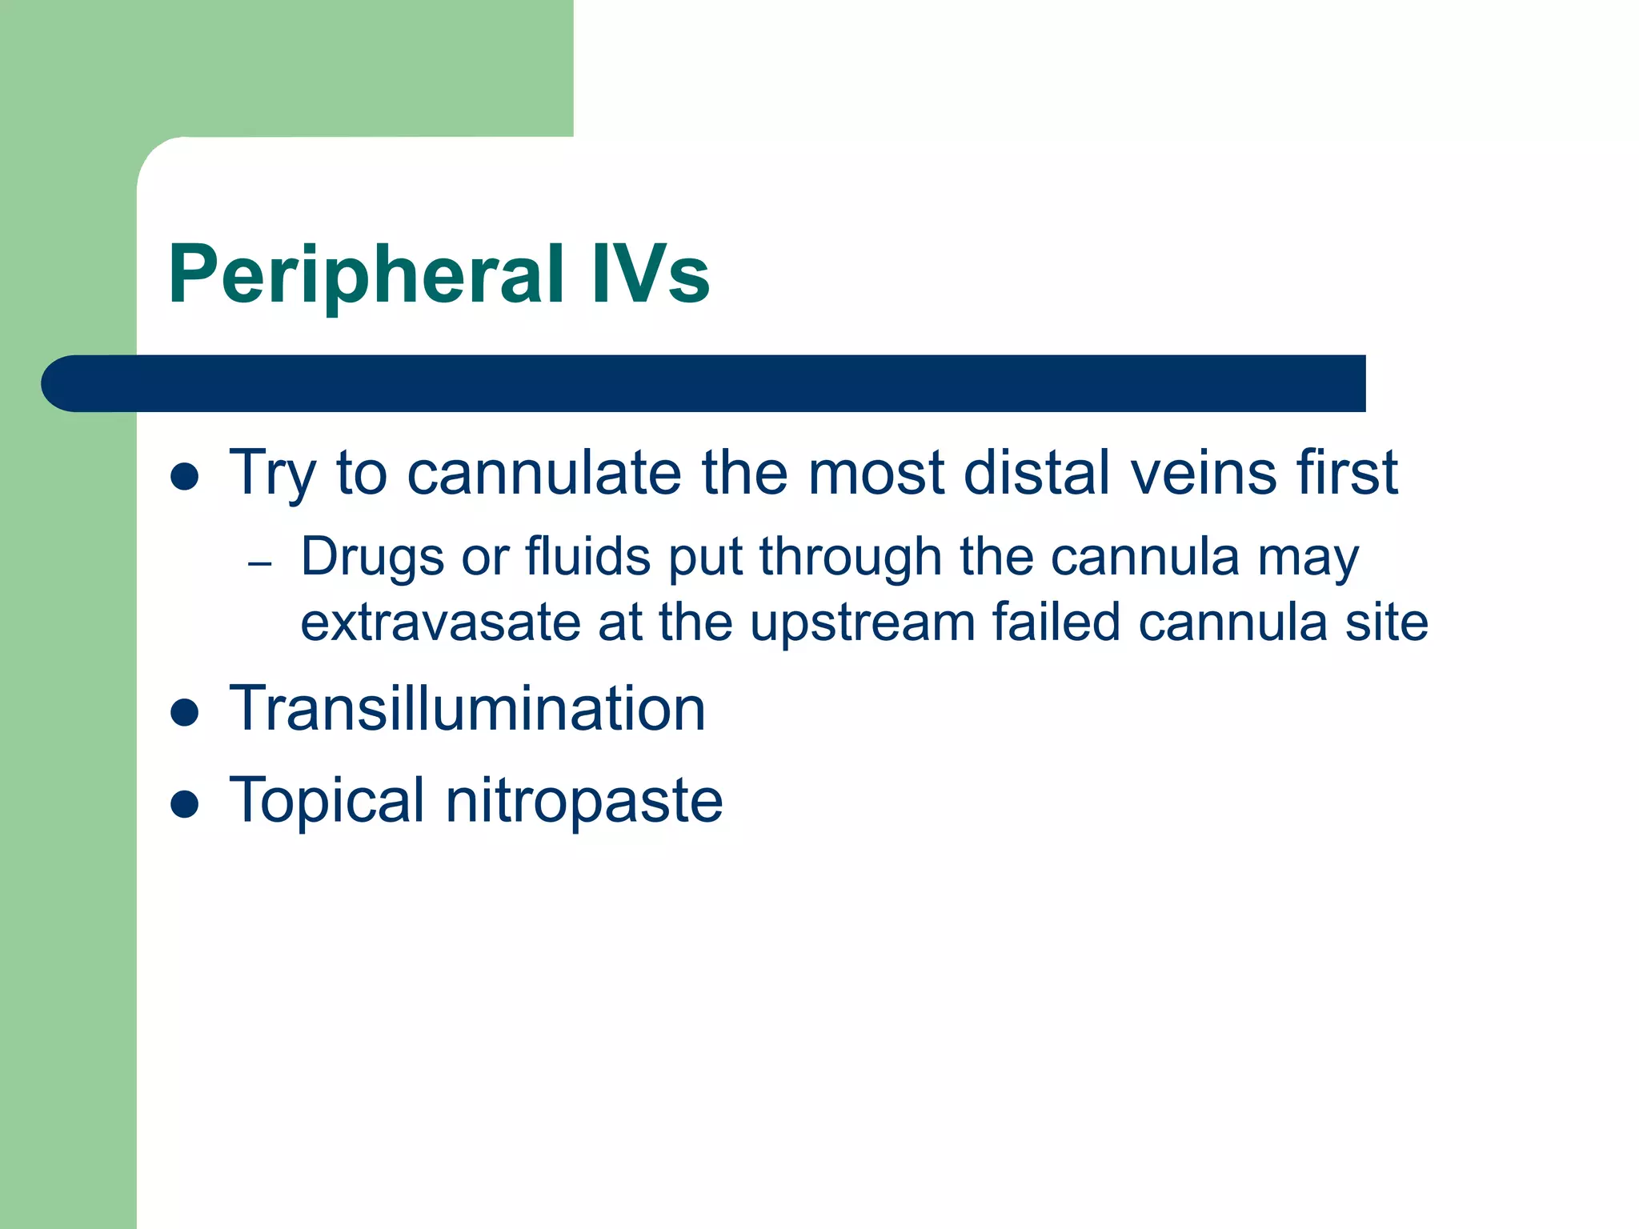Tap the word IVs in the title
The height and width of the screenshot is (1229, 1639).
[x=650, y=274]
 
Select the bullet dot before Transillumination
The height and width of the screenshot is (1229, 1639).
[x=185, y=711]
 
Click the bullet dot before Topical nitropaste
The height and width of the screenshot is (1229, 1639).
[x=185, y=803]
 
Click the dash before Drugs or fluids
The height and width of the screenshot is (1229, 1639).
[x=260, y=564]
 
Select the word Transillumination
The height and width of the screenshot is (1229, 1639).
[x=467, y=709]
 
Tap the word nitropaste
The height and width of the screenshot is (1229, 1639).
[x=584, y=802]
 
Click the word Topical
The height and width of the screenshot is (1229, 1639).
[x=327, y=802]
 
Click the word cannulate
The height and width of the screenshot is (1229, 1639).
[x=544, y=473]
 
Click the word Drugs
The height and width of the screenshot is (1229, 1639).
[x=372, y=558]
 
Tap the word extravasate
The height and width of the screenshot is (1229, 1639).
[x=440, y=623]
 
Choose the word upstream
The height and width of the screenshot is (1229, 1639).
[x=862, y=623]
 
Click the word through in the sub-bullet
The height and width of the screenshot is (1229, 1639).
[x=851, y=558]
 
